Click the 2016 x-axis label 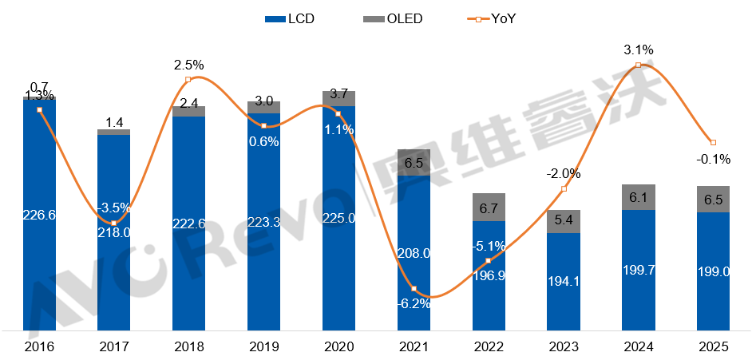[x=39, y=347]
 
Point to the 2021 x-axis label [x=414, y=347]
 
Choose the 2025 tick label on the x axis [x=713, y=347]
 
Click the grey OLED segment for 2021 [x=414, y=162]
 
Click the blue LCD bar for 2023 [x=564, y=281]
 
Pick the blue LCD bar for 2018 [x=189, y=224]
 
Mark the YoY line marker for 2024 [x=639, y=65]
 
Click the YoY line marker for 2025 [x=713, y=142]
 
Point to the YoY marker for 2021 [x=414, y=288]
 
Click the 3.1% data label [x=639, y=49]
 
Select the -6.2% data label [x=414, y=303]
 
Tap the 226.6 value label [x=39, y=215]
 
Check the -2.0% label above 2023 [x=564, y=173]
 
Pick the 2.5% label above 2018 [x=189, y=64]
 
